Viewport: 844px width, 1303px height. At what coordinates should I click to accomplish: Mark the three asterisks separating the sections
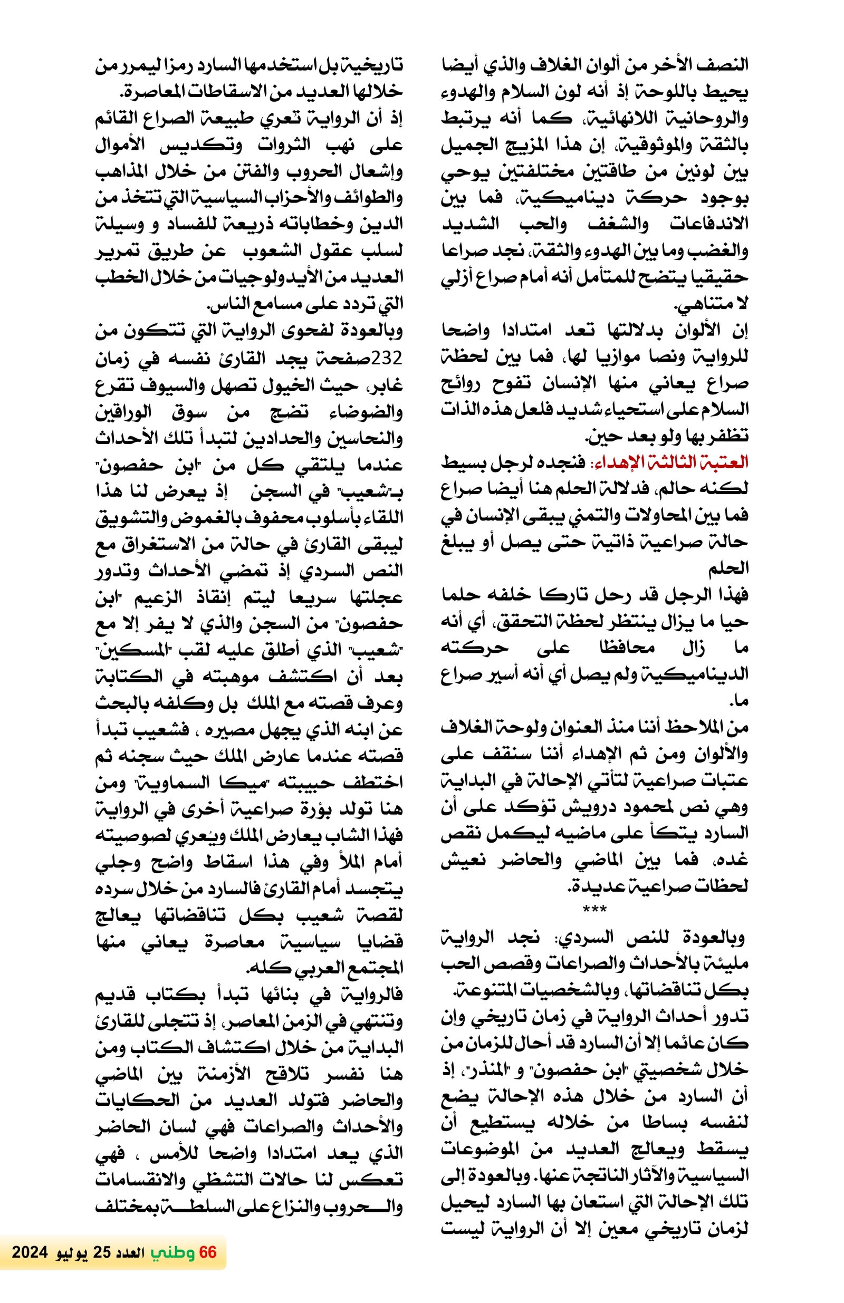(594, 910)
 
